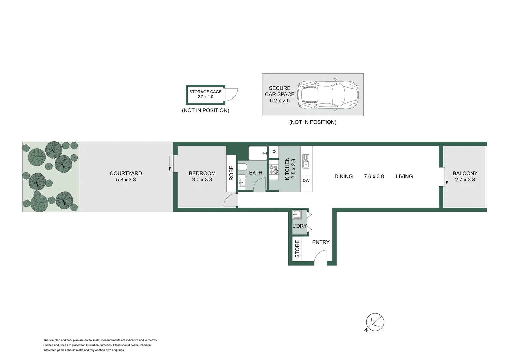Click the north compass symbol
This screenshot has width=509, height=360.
[x=375, y=322]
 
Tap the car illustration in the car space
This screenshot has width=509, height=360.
[x=328, y=95]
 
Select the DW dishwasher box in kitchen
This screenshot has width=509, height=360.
[x=306, y=180]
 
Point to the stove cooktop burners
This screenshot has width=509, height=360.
[x=274, y=170]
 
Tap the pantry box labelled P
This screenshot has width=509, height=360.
[x=274, y=152]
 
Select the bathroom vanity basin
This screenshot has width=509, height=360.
[x=242, y=182]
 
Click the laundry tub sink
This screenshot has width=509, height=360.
[x=297, y=214]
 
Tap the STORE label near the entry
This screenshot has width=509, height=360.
[x=297, y=249]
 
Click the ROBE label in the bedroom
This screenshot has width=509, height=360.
[x=231, y=173]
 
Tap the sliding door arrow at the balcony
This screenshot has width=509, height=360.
[x=446, y=177]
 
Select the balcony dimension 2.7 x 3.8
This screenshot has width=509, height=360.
[x=465, y=180]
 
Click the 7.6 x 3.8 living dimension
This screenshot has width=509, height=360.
[x=374, y=176]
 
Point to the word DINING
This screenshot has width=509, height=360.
[x=343, y=176]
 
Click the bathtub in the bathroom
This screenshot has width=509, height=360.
[x=258, y=153]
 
